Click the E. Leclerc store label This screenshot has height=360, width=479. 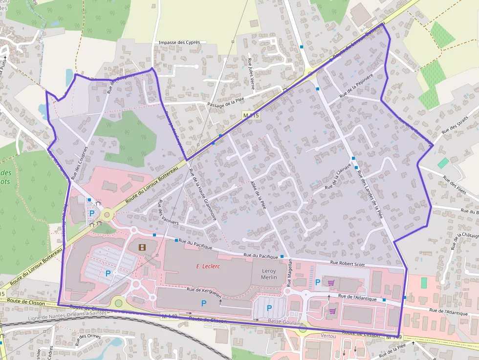[x=209, y=266]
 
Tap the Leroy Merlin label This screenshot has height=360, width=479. [x=269, y=274]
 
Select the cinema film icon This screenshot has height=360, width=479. [x=142, y=247]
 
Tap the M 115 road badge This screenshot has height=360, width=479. [x=251, y=115]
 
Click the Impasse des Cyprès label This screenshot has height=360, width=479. [x=179, y=42]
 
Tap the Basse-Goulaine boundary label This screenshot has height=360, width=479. [x=285, y=323]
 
